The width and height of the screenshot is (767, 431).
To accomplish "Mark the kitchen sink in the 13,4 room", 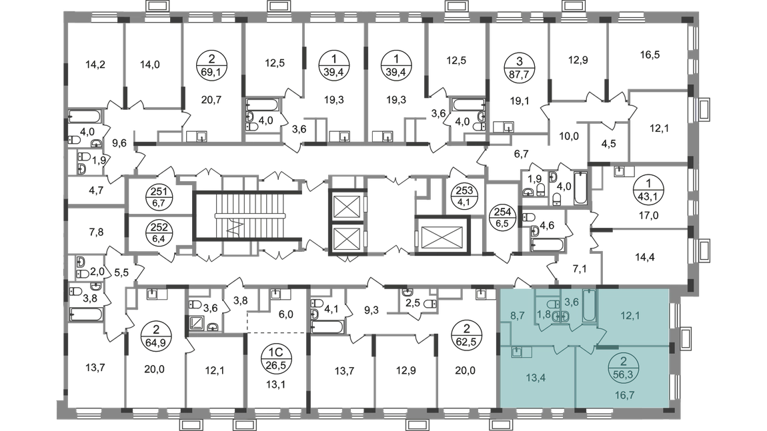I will [517, 351].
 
